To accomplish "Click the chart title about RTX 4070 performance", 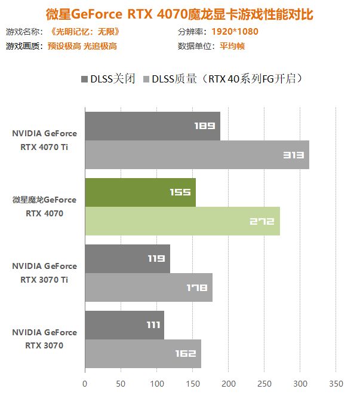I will pyautogui.click(x=180, y=14).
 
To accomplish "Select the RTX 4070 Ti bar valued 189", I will pyautogui.click(x=152, y=126).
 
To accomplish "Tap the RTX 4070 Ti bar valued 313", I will pyautogui.click(x=196, y=155).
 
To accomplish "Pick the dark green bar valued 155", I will pyautogui.click(x=140, y=192).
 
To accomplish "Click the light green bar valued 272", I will pyautogui.click(x=182, y=221).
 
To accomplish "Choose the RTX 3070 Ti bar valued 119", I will pyautogui.click(x=127, y=259).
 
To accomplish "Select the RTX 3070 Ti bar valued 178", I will pyautogui.click(x=148, y=287).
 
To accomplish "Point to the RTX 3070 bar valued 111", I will pyautogui.click(x=124, y=325).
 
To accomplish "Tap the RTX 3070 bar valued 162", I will pyautogui.click(x=143, y=354).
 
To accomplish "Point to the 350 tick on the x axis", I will pyautogui.click(x=336, y=382).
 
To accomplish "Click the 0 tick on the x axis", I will pyautogui.click(x=85, y=382).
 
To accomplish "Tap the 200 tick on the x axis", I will pyautogui.click(x=228, y=382).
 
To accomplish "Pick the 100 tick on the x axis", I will pyautogui.click(x=156, y=382).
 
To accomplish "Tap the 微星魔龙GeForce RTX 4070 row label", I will pyautogui.click(x=45, y=206).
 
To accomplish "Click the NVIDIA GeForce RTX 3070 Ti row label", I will pyautogui.click(x=45, y=273).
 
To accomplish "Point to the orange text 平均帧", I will pyautogui.click(x=232, y=46).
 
